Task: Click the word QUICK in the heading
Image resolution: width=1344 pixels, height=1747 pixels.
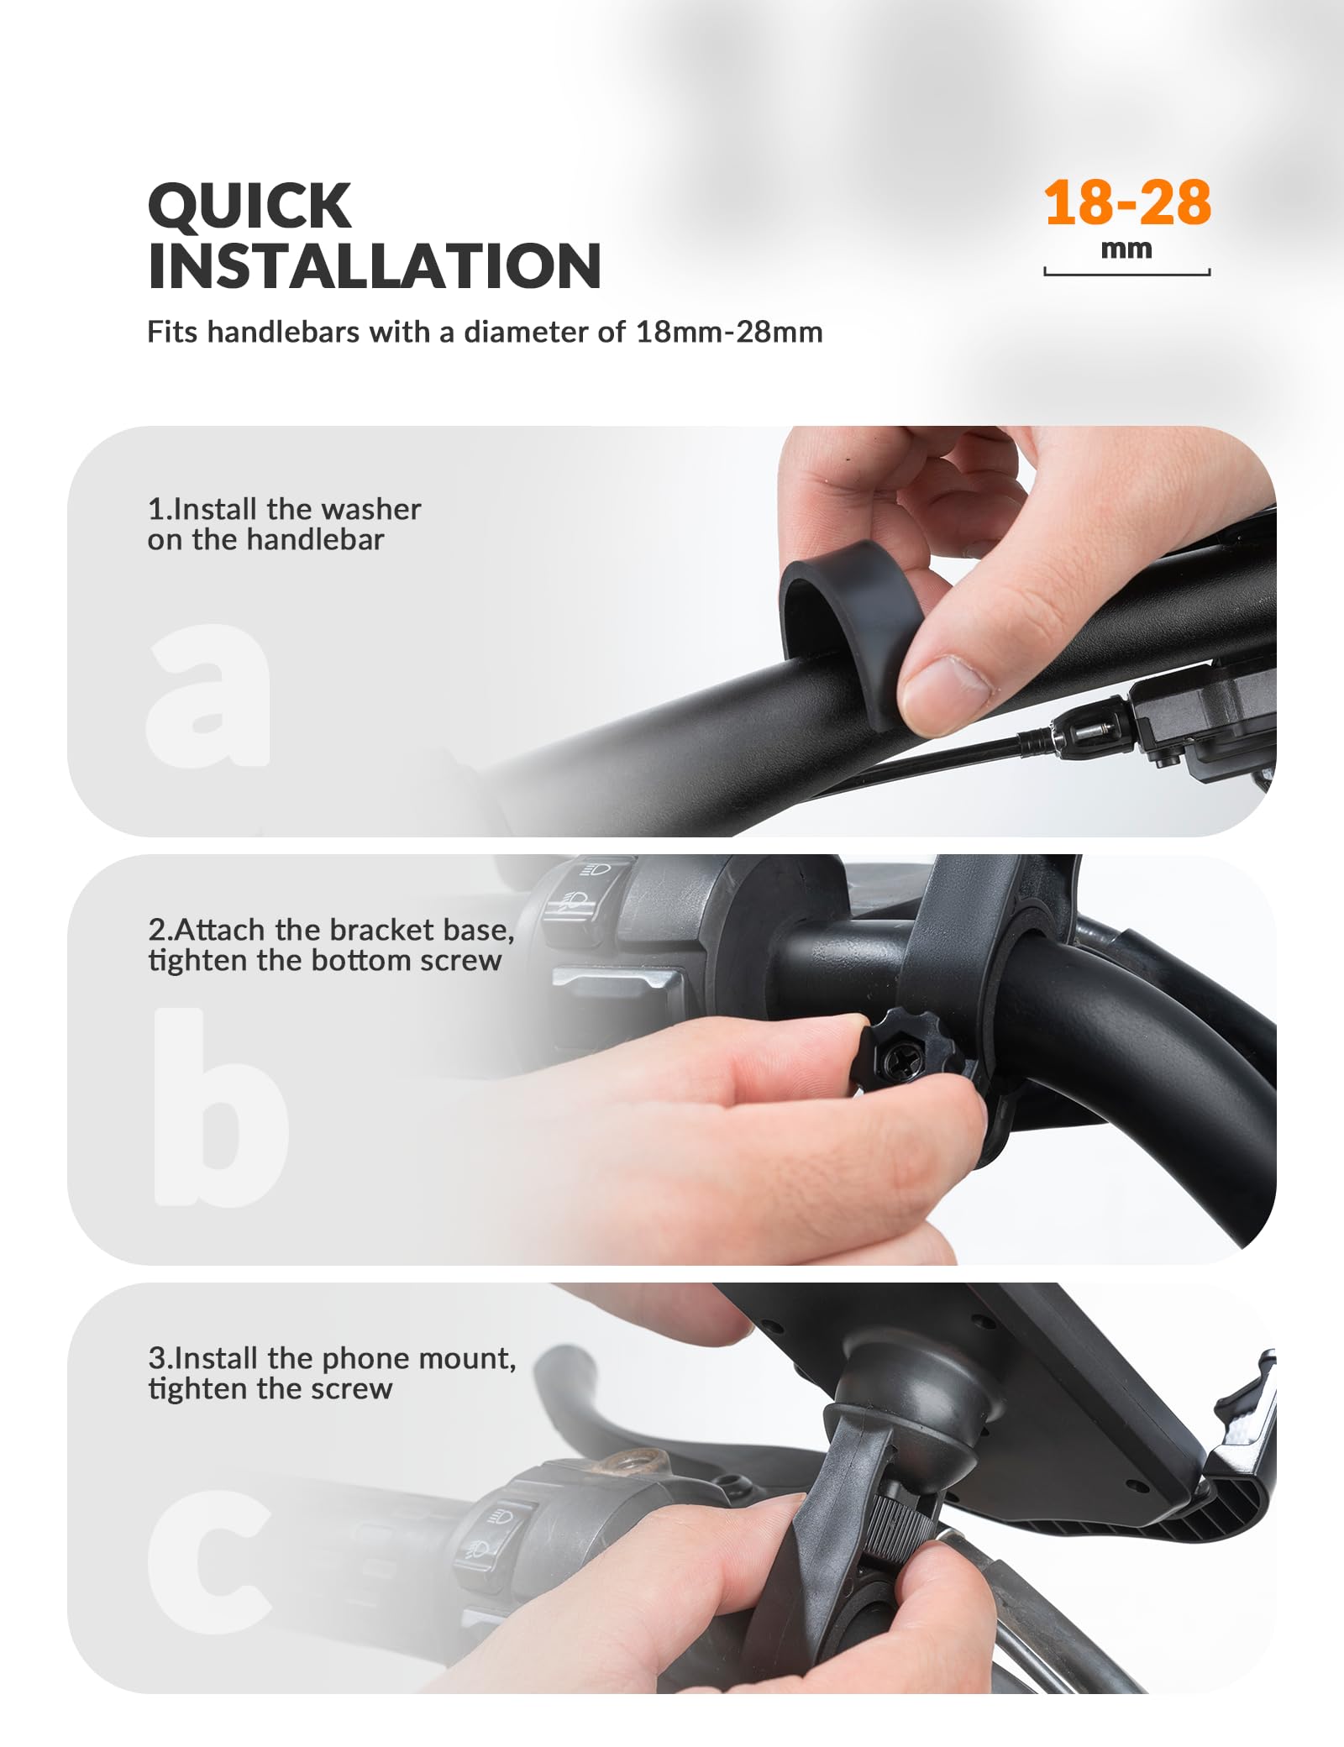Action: (x=249, y=206)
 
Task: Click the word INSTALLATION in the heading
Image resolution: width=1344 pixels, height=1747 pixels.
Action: (x=375, y=266)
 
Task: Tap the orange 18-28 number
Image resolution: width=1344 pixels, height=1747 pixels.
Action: (x=1127, y=203)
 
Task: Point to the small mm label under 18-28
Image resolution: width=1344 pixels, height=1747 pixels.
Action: (x=1126, y=249)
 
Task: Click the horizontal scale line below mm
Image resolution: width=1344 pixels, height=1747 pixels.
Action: (x=1127, y=273)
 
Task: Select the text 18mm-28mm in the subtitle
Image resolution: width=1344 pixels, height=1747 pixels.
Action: (x=729, y=333)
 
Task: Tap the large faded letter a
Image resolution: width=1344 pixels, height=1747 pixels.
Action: (x=208, y=695)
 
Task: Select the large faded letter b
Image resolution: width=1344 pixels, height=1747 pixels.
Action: (x=220, y=1106)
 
